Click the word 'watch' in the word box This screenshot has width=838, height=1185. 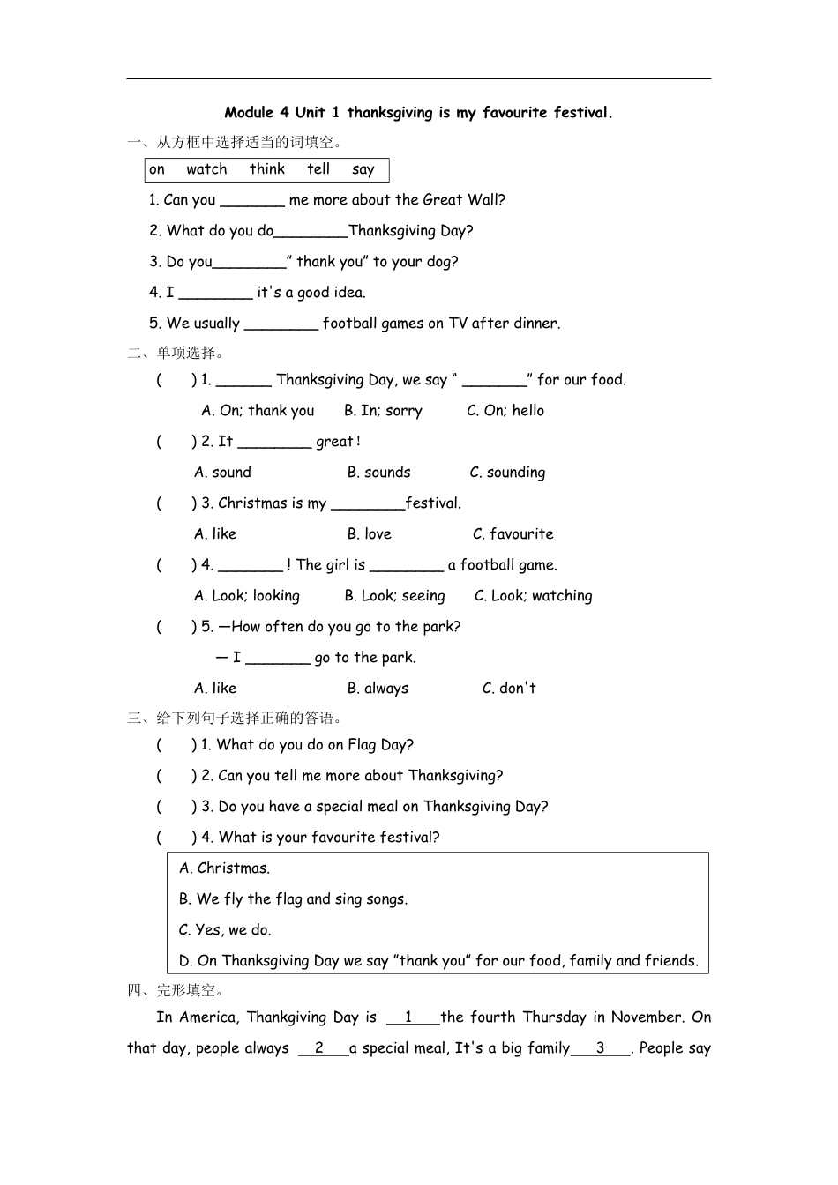tap(206, 169)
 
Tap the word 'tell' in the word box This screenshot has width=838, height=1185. tap(318, 169)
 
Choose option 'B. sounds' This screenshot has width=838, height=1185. tap(378, 473)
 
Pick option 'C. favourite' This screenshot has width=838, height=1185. tap(513, 534)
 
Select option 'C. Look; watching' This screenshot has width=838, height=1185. tap(533, 596)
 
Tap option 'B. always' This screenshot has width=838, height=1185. tap(378, 689)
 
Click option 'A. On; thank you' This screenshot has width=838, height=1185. tap(258, 411)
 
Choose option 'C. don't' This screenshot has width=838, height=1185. tap(509, 689)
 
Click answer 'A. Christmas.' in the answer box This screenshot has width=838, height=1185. tap(224, 868)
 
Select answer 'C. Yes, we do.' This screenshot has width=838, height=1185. tap(225, 930)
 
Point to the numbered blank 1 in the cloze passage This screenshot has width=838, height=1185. tap(412, 1018)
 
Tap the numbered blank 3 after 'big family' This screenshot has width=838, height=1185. tap(601, 1049)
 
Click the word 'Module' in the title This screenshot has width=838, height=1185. tap(249, 113)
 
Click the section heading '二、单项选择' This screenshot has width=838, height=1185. tap(176, 353)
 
